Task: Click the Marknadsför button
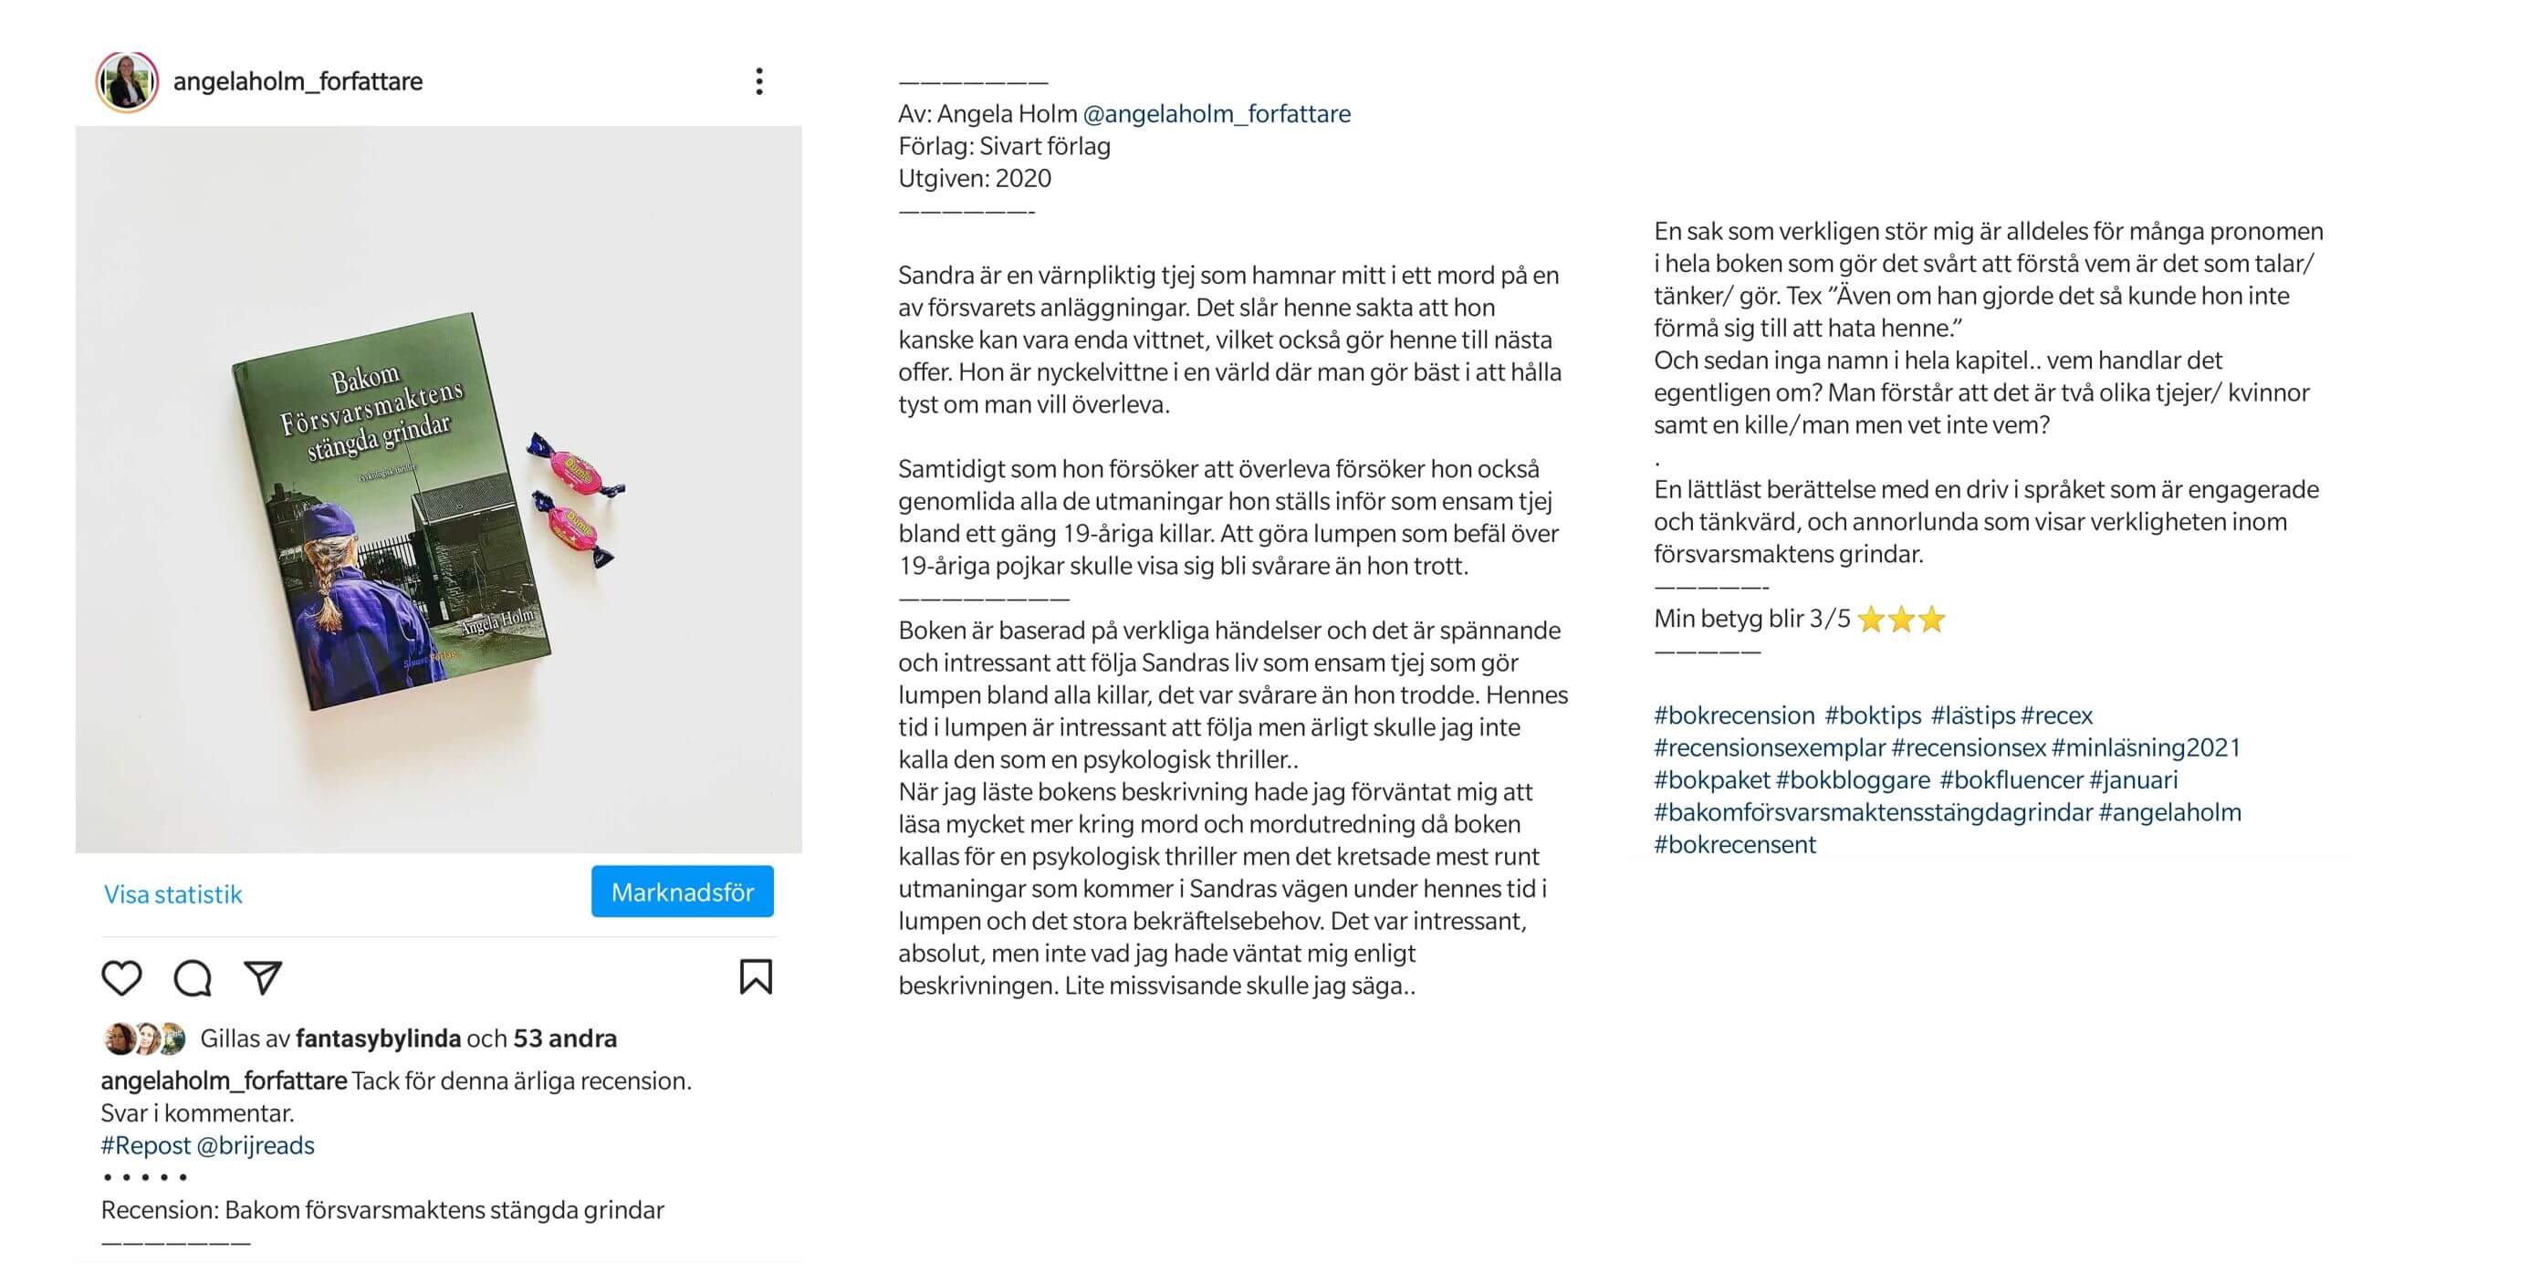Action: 682,892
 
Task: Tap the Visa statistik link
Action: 172,893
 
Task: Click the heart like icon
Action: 121,977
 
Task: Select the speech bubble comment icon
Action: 193,977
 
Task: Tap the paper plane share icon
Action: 263,977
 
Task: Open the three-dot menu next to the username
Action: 759,81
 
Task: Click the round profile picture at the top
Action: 127,81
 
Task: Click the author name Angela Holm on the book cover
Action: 497,621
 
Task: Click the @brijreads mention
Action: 256,1145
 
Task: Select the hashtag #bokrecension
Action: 1734,715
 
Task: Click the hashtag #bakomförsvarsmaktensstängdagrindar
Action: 1873,812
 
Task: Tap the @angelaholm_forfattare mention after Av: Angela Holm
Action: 1217,113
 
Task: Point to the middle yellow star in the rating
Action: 1901,619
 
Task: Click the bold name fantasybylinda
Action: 379,1038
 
